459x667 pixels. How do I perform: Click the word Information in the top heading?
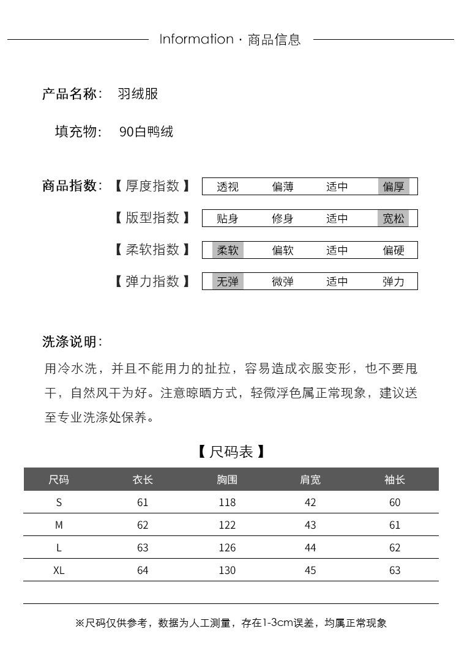[x=196, y=39]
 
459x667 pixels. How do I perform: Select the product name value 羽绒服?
[x=138, y=94]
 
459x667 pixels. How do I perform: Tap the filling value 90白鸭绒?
[x=146, y=132]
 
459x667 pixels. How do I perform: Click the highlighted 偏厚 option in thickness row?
[x=394, y=187]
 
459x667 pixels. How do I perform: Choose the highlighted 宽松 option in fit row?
[x=394, y=218]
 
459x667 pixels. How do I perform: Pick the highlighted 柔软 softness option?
[x=228, y=250]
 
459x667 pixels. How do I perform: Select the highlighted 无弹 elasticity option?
[x=228, y=282]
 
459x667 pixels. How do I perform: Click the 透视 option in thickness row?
[x=228, y=187]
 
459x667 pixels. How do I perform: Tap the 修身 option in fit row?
[x=283, y=218]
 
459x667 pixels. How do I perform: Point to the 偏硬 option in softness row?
[x=394, y=250]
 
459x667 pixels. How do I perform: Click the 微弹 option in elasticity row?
[x=283, y=282]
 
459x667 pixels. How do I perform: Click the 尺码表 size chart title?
[x=231, y=452]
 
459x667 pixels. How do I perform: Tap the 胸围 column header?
[x=227, y=480]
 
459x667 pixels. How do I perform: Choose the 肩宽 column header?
[x=310, y=480]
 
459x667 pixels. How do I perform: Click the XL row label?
[x=59, y=570]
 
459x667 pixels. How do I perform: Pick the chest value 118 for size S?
[x=227, y=502]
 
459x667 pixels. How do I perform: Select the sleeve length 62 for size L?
[x=395, y=548]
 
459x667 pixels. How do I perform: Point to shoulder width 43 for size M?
[x=310, y=525]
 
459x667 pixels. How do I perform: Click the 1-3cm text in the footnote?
[x=275, y=624]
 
